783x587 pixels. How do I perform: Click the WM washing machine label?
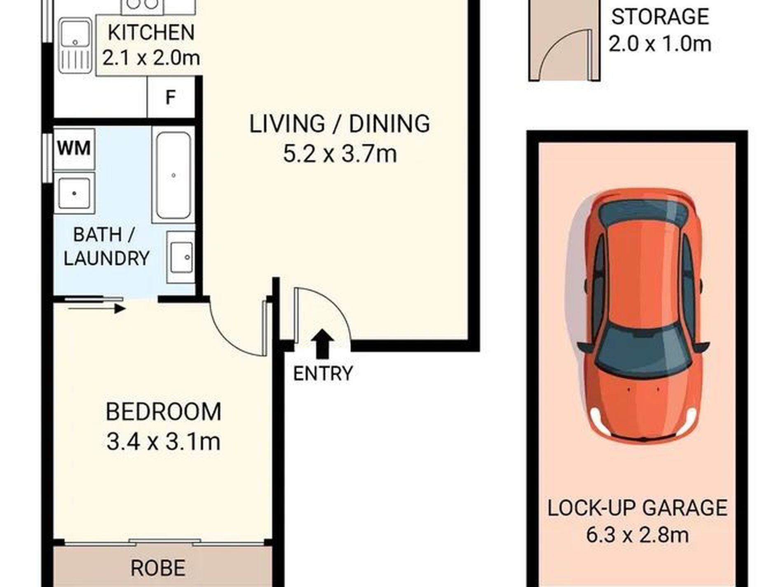74,148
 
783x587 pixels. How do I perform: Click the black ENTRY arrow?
322,344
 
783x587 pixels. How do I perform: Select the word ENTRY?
323,374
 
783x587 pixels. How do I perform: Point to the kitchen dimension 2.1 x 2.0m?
151,58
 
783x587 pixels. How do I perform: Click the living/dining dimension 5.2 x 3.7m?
340,154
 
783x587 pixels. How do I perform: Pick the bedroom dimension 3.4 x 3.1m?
163,442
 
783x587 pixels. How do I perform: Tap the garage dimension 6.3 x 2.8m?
637,535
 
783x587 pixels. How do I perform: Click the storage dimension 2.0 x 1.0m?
660,44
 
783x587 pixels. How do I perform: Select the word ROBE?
158,568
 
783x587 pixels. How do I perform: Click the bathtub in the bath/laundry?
173,175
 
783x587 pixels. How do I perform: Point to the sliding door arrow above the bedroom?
96,309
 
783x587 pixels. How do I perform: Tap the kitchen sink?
75,46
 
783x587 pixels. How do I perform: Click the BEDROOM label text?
164,412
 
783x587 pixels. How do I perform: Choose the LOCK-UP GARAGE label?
637,507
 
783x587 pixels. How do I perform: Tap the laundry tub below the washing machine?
75,193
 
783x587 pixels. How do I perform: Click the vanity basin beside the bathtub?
181,257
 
